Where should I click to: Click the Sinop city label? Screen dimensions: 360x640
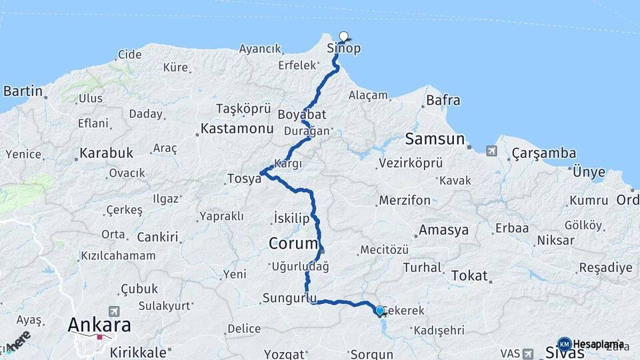click(x=345, y=48)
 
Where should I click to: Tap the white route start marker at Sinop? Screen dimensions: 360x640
click(x=344, y=36)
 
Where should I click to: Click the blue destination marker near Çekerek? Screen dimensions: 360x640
click(x=380, y=310)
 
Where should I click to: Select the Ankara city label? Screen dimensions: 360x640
click(x=99, y=325)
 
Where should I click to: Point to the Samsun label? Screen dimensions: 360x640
click(x=435, y=139)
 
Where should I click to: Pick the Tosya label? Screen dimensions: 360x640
click(x=244, y=179)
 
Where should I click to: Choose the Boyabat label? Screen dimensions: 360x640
click(x=292, y=114)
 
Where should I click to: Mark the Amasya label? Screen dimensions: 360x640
click(x=443, y=230)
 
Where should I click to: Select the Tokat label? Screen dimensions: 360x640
click(x=469, y=275)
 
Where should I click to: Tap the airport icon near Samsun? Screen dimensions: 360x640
click(x=492, y=151)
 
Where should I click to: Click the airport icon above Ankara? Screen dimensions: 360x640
click(x=113, y=311)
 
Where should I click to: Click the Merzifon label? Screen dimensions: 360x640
click(x=405, y=200)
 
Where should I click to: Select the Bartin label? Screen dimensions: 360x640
click(x=23, y=91)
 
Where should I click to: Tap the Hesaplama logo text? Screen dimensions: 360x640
click(x=598, y=344)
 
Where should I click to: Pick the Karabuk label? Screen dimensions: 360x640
click(x=107, y=153)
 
